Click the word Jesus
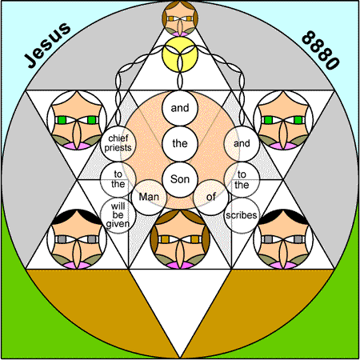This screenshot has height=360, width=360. (48, 45)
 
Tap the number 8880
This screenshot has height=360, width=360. (321, 50)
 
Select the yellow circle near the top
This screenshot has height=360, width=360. (180, 54)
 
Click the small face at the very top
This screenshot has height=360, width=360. (180, 18)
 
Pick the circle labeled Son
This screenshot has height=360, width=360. (180, 179)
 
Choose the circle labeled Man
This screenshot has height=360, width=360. (149, 198)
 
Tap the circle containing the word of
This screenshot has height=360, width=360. (211, 198)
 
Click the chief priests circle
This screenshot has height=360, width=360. (118, 143)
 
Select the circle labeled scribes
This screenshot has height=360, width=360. (242, 215)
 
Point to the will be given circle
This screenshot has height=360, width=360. (118, 215)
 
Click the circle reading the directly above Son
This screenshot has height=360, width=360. (180, 143)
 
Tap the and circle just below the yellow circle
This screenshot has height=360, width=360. (180, 108)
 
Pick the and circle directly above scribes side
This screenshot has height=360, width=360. (242, 143)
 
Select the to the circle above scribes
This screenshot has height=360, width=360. (242, 179)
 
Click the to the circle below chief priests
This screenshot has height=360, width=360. (118, 179)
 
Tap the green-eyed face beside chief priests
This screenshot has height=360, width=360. (77, 120)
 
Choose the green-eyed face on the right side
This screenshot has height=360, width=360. (283, 120)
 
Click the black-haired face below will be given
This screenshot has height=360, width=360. (77, 239)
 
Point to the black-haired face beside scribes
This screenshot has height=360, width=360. (283, 239)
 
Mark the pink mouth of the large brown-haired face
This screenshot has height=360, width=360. (180, 266)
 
